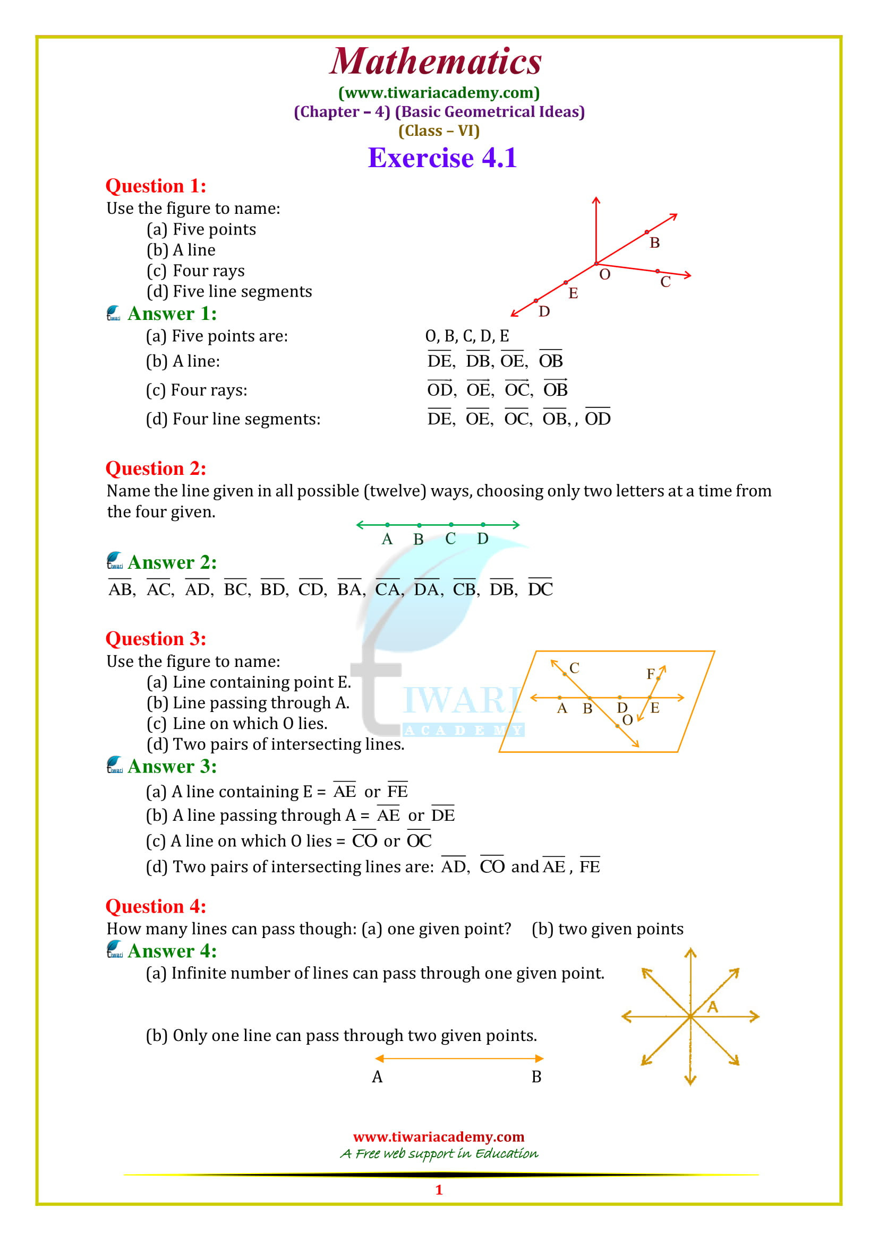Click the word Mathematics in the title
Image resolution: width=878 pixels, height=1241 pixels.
436,61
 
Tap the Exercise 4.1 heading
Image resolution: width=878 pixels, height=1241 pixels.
442,158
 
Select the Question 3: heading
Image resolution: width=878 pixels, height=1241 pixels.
156,638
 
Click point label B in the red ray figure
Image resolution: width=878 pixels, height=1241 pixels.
654,242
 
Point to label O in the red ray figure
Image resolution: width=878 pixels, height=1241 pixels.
605,275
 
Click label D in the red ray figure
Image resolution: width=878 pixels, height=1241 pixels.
544,311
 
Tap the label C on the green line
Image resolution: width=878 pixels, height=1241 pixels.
450,539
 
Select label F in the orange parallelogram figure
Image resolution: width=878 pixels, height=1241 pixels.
651,673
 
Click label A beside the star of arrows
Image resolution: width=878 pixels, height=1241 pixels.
712,1006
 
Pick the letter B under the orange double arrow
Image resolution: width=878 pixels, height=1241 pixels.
536,1077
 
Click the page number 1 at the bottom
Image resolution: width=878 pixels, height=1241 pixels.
439,1190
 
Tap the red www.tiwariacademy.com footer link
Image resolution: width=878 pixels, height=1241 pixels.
439,1136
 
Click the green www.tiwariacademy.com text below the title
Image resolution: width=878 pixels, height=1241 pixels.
439,93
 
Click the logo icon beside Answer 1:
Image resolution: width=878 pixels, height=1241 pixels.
114,314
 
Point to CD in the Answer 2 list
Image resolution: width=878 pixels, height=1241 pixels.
311,589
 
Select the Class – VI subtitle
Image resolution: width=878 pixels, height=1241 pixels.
439,131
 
